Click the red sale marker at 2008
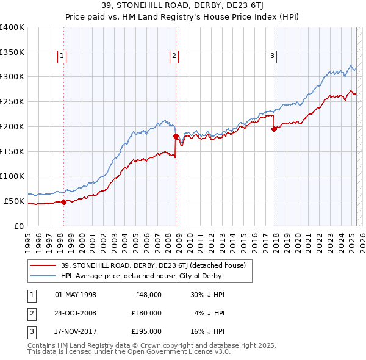(x=176, y=136)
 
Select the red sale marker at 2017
(x=274, y=129)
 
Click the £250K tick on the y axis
(x=12, y=101)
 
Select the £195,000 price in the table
(x=146, y=331)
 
